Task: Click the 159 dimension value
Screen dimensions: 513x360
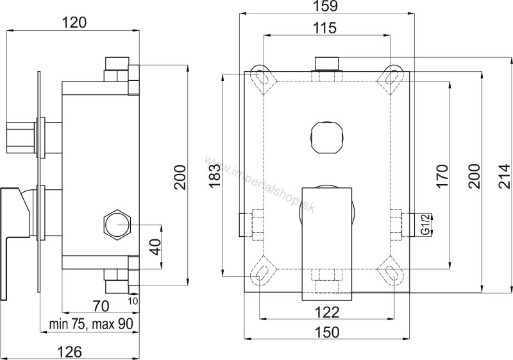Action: click(327, 6)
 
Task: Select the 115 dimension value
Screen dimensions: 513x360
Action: click(327, 28)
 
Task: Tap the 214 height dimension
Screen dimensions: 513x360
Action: click(504, 176)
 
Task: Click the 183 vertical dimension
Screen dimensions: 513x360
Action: click(214, 176)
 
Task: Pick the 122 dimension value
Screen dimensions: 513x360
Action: click(327, 313)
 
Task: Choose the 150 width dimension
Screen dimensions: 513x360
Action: click(327, 332)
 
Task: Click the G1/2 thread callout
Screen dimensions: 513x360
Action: click(426, 224)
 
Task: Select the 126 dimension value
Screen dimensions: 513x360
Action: click(70, 352)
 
